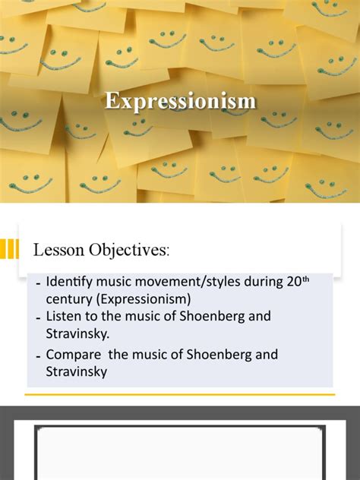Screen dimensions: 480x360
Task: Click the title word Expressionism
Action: (x=180, y=101)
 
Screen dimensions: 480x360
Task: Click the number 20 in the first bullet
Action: (x=293, y=282)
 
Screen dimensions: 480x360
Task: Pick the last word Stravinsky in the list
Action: (x=76, y=372)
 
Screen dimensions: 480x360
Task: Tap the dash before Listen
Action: (x=38, y=316)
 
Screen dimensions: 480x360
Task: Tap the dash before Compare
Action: (x=38, y=354)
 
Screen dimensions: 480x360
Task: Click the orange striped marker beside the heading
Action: (x=9, y=248)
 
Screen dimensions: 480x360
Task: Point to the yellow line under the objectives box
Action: (x=180, y=394)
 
